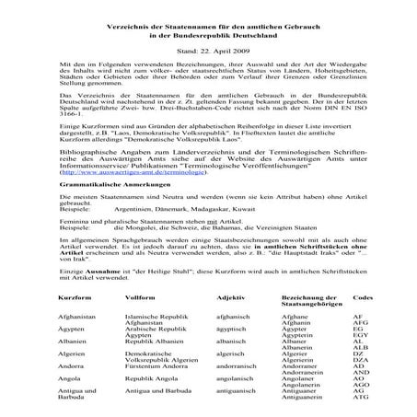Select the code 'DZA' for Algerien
click(360, 363)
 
